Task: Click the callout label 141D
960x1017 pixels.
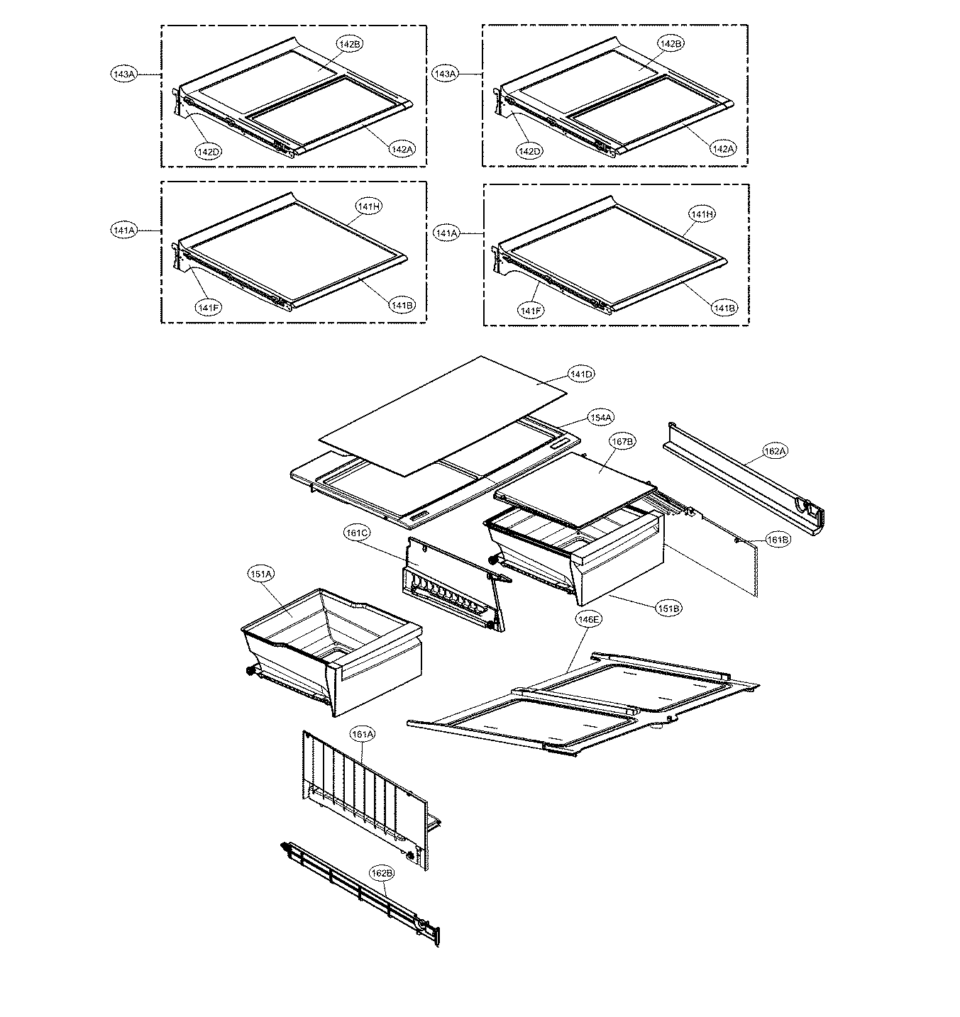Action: (580, 374)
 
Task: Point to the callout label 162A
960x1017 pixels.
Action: (773, 450)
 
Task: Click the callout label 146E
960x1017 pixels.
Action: (589, 619)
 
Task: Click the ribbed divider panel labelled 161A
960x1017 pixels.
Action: (362, 794)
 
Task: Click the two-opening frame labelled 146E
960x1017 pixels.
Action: (582, 702)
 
